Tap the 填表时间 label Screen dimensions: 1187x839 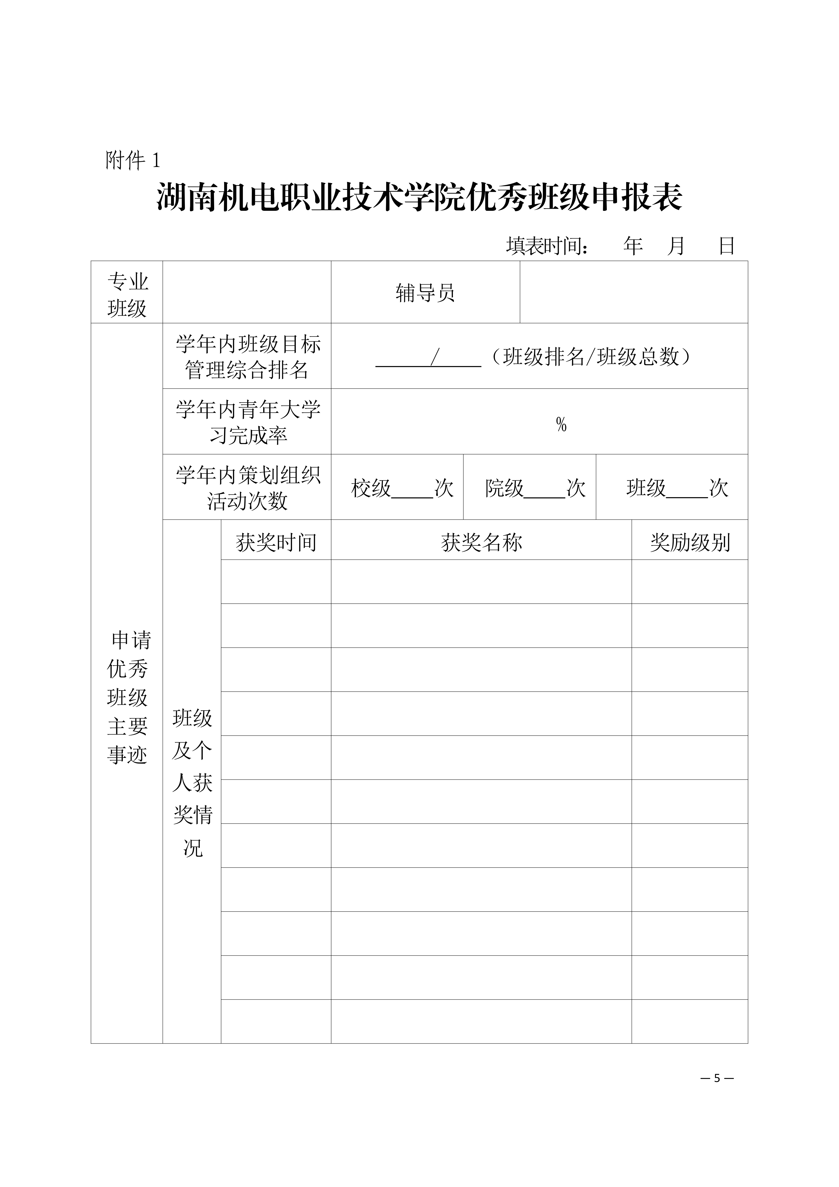[x=547, y=246]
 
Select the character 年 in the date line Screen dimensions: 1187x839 [x=633, y=246]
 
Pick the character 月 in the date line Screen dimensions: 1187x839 [x=676, y=246]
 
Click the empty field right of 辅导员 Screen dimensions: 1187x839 [x=633, y=293]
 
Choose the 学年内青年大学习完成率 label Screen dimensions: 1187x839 [x=248, y=422]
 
